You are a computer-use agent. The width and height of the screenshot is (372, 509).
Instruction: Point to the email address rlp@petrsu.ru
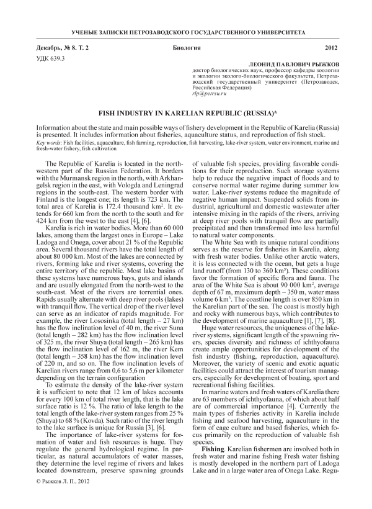[207, 94]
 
